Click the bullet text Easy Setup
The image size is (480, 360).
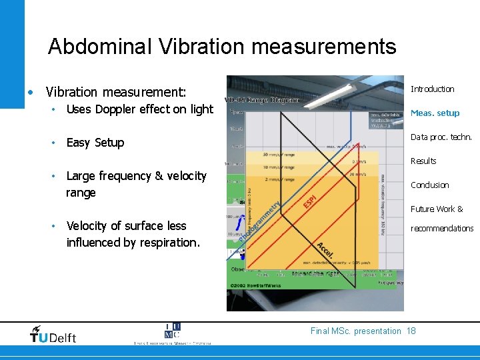(95, 143)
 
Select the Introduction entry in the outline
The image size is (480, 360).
(432, 89)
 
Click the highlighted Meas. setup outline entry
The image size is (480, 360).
(435, 113)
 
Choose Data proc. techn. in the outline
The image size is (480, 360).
(441, 137)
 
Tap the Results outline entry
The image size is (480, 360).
(423, 161)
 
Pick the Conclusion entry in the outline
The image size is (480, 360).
(429, 185)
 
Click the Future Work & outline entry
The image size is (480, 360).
(437, 209)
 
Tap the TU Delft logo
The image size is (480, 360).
(53, 335)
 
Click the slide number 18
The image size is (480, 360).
(411, 331)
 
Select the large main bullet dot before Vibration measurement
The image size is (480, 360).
(30, 91)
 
